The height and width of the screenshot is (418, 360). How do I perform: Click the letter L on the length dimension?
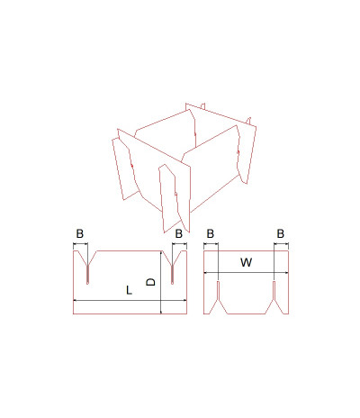pos(129,290)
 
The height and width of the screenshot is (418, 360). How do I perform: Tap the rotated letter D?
pos(150,282)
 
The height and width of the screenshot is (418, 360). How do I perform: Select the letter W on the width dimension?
pos(247,262)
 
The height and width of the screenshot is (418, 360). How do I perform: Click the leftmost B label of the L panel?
pos(80,233)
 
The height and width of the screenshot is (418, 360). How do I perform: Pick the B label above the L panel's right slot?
pos(179,233)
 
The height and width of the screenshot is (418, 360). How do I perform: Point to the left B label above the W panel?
pos(211,233)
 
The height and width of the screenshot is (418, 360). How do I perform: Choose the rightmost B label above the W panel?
pos(281,233)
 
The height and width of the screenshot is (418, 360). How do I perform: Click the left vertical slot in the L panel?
pos(87,275)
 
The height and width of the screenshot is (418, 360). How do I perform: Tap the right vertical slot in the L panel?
pos(173,275)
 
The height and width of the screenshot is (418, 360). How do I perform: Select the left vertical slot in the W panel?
pos(218,290)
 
